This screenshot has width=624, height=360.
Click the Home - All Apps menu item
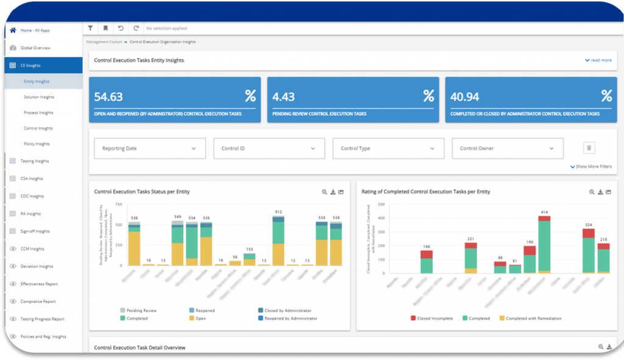click(x=34, y=30)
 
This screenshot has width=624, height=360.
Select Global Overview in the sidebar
click(x=35, y=48)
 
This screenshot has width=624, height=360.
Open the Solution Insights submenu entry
click(x=39, y=97)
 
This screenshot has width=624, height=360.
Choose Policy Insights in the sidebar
click(x=37, y=144)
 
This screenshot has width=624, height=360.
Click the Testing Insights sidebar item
click(x=35, y=161)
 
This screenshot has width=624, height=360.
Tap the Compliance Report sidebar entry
click(x=38, y=301)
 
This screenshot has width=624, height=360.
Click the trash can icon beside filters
click(x=589, y=148)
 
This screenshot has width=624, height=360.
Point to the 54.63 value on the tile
click(x=108, y=96)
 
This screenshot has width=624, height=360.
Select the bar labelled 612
click(x=278, y=241)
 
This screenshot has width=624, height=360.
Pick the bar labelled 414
click(x=544, y=244)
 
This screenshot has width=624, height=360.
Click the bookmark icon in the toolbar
click(x=105, y=28)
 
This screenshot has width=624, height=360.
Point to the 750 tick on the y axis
click(x=119, y=205)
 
